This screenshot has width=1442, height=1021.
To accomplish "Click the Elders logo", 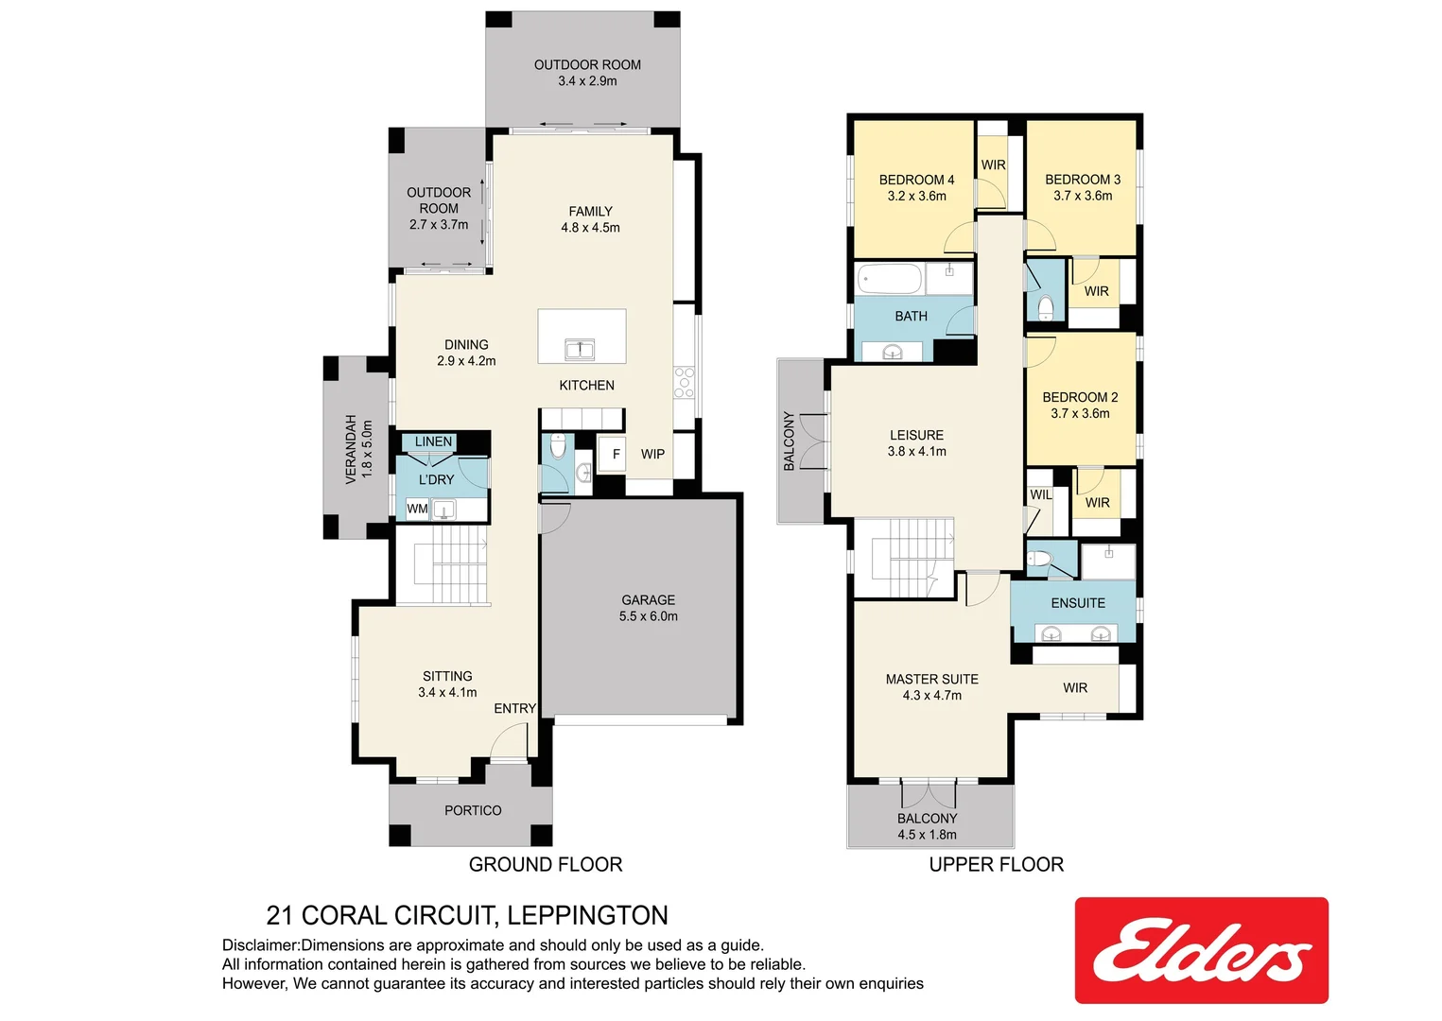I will pos(1201,950).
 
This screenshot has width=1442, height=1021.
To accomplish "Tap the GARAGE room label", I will pos(648,600).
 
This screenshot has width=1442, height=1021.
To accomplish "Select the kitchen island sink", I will pos(580,350).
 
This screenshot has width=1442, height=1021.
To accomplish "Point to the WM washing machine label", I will pos(417,510).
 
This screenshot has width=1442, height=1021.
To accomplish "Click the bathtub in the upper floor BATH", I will pos(889,280).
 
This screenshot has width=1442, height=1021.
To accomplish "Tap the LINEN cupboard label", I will pos(433,441).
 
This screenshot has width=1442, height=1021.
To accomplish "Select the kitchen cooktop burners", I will pos(684,383).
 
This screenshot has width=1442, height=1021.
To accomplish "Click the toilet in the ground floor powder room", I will pos(558,445).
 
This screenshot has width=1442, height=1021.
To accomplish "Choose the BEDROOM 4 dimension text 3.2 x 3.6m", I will pos(916,197).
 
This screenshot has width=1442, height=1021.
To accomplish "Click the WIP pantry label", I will pos(652,455).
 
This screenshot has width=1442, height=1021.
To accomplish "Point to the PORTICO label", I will pos(473,811).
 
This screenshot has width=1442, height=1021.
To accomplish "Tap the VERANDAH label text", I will pos(351,448).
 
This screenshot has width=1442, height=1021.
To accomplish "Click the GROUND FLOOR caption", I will pos(546,865).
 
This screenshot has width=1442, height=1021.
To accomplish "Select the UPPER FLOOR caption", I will pos(996,865).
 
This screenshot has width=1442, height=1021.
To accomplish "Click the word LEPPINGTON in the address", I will pos(587,916).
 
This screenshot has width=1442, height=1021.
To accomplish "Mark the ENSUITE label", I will pos(1078,603).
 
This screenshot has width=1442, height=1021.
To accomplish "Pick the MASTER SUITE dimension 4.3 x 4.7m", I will pos(931,696).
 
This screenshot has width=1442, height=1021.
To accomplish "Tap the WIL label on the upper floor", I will pos(1040,495).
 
